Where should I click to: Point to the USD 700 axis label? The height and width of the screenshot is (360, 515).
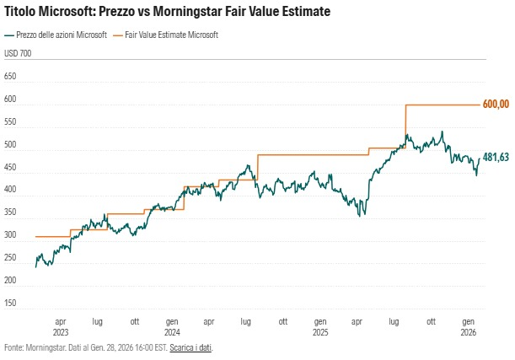click(19, 53)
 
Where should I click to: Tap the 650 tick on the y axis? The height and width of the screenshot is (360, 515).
click(11, 76)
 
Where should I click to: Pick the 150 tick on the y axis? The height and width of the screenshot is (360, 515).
click(11, 303)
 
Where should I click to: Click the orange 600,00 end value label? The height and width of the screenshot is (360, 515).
click(496, 104)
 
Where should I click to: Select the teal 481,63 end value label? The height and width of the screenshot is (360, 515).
click(496, 157)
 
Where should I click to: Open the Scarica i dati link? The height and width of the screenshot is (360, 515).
click(190, 347)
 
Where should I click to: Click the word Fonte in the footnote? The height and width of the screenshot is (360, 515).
click(13, 347)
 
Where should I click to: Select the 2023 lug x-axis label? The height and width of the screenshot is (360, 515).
click(98, 321)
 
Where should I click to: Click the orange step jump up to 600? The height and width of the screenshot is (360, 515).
click(405, 126)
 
